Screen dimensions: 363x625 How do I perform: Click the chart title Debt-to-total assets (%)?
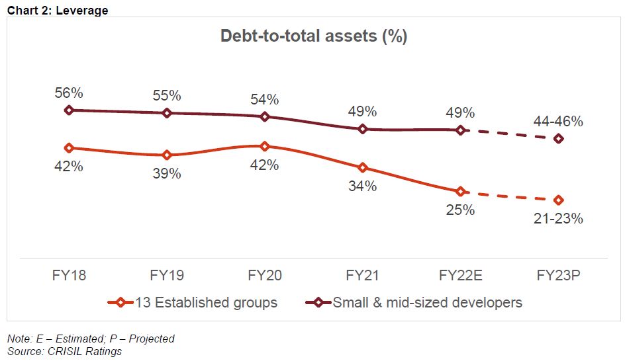point(313,36)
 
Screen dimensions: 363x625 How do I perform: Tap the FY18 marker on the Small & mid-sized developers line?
point(68,110)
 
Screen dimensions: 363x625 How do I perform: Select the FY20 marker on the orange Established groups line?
point(264,146)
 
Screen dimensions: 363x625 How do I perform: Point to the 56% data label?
point(68,92)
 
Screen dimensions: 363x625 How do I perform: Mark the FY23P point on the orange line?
point(559,200)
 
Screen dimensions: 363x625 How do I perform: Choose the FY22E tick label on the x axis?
point(461,275)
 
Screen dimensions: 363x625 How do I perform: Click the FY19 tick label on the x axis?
point(166,275)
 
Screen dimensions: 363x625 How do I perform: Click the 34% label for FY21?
point(363,186)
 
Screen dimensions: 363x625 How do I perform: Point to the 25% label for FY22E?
point(461,210)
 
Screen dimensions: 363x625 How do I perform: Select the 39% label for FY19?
point(166,174)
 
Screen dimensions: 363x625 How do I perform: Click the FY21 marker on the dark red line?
point(363,129)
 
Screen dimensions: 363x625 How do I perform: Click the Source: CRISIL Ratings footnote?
point(65,351)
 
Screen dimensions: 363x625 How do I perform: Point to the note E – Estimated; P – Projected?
point(91,339)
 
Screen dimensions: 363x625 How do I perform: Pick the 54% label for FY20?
point(264,99)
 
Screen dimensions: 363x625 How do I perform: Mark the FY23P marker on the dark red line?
point(559,139)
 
